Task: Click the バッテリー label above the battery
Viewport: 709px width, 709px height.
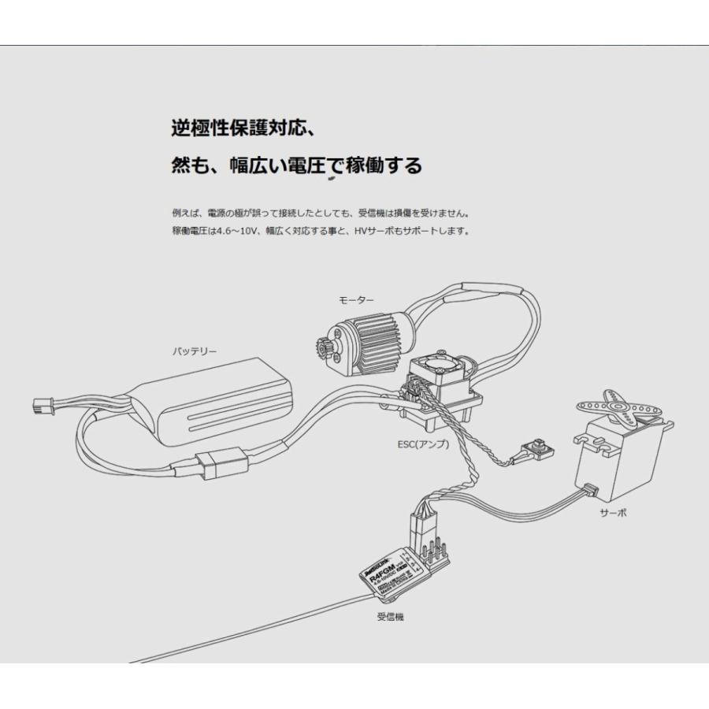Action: coord(195,351)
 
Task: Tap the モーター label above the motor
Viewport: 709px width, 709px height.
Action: coord(356,300)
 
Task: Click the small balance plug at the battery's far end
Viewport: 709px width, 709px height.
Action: coord(41,407)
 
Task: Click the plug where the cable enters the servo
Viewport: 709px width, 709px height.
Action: coord(590,491)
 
